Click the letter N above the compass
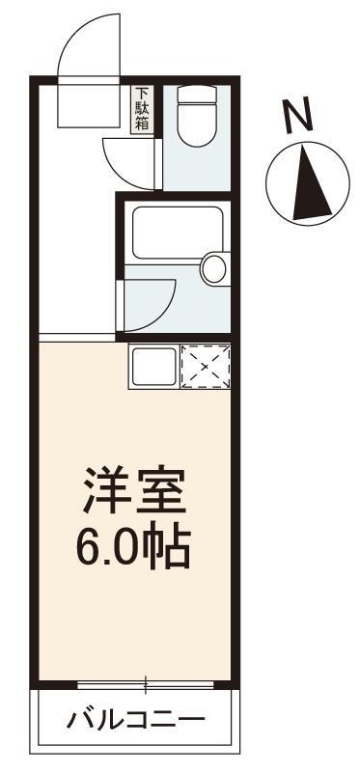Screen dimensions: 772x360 pyautogui.click(x=300, y=116)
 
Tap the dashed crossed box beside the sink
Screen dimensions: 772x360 pyautogui.click(x=206, y=367)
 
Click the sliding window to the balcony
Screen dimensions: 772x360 pyautogui.click(x=145, y=686)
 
